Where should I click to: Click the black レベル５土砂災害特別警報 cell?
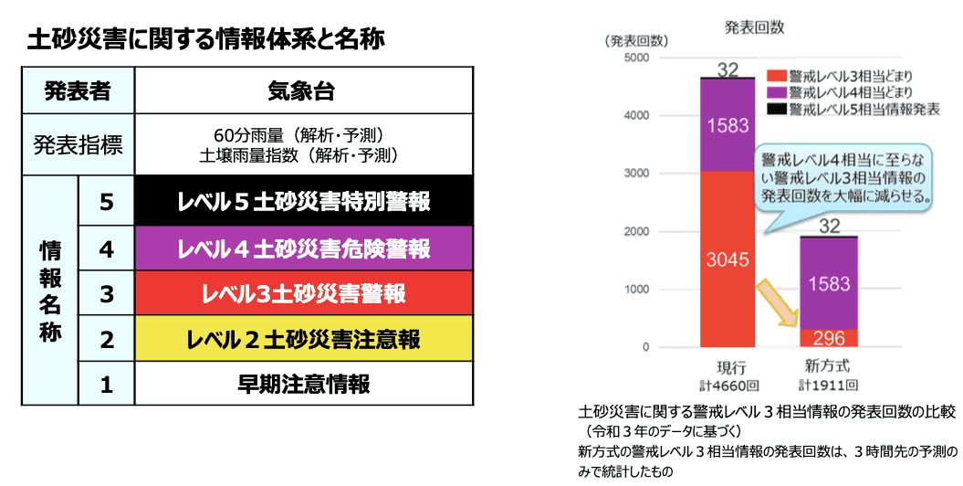[x=303, y=202]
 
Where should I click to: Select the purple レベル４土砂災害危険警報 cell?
[x=303, y=248]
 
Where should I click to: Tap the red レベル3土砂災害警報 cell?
[x=303, y=293]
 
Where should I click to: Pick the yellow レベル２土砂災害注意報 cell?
[x=303, y=339]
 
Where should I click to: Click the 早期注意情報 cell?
[x=303, y=384]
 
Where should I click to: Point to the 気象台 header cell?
[x=303, y=90]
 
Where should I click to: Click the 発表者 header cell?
[x=78, y=90]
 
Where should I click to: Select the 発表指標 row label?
[x=78, y=144]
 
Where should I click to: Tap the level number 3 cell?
[x=106, y=293]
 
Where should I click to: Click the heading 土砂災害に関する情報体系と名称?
[x=206, y=40]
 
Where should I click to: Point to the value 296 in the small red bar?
[x=829, y=337]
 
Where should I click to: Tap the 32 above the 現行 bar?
[x=727, y=69]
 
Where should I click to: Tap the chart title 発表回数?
[x=754, y=27]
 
